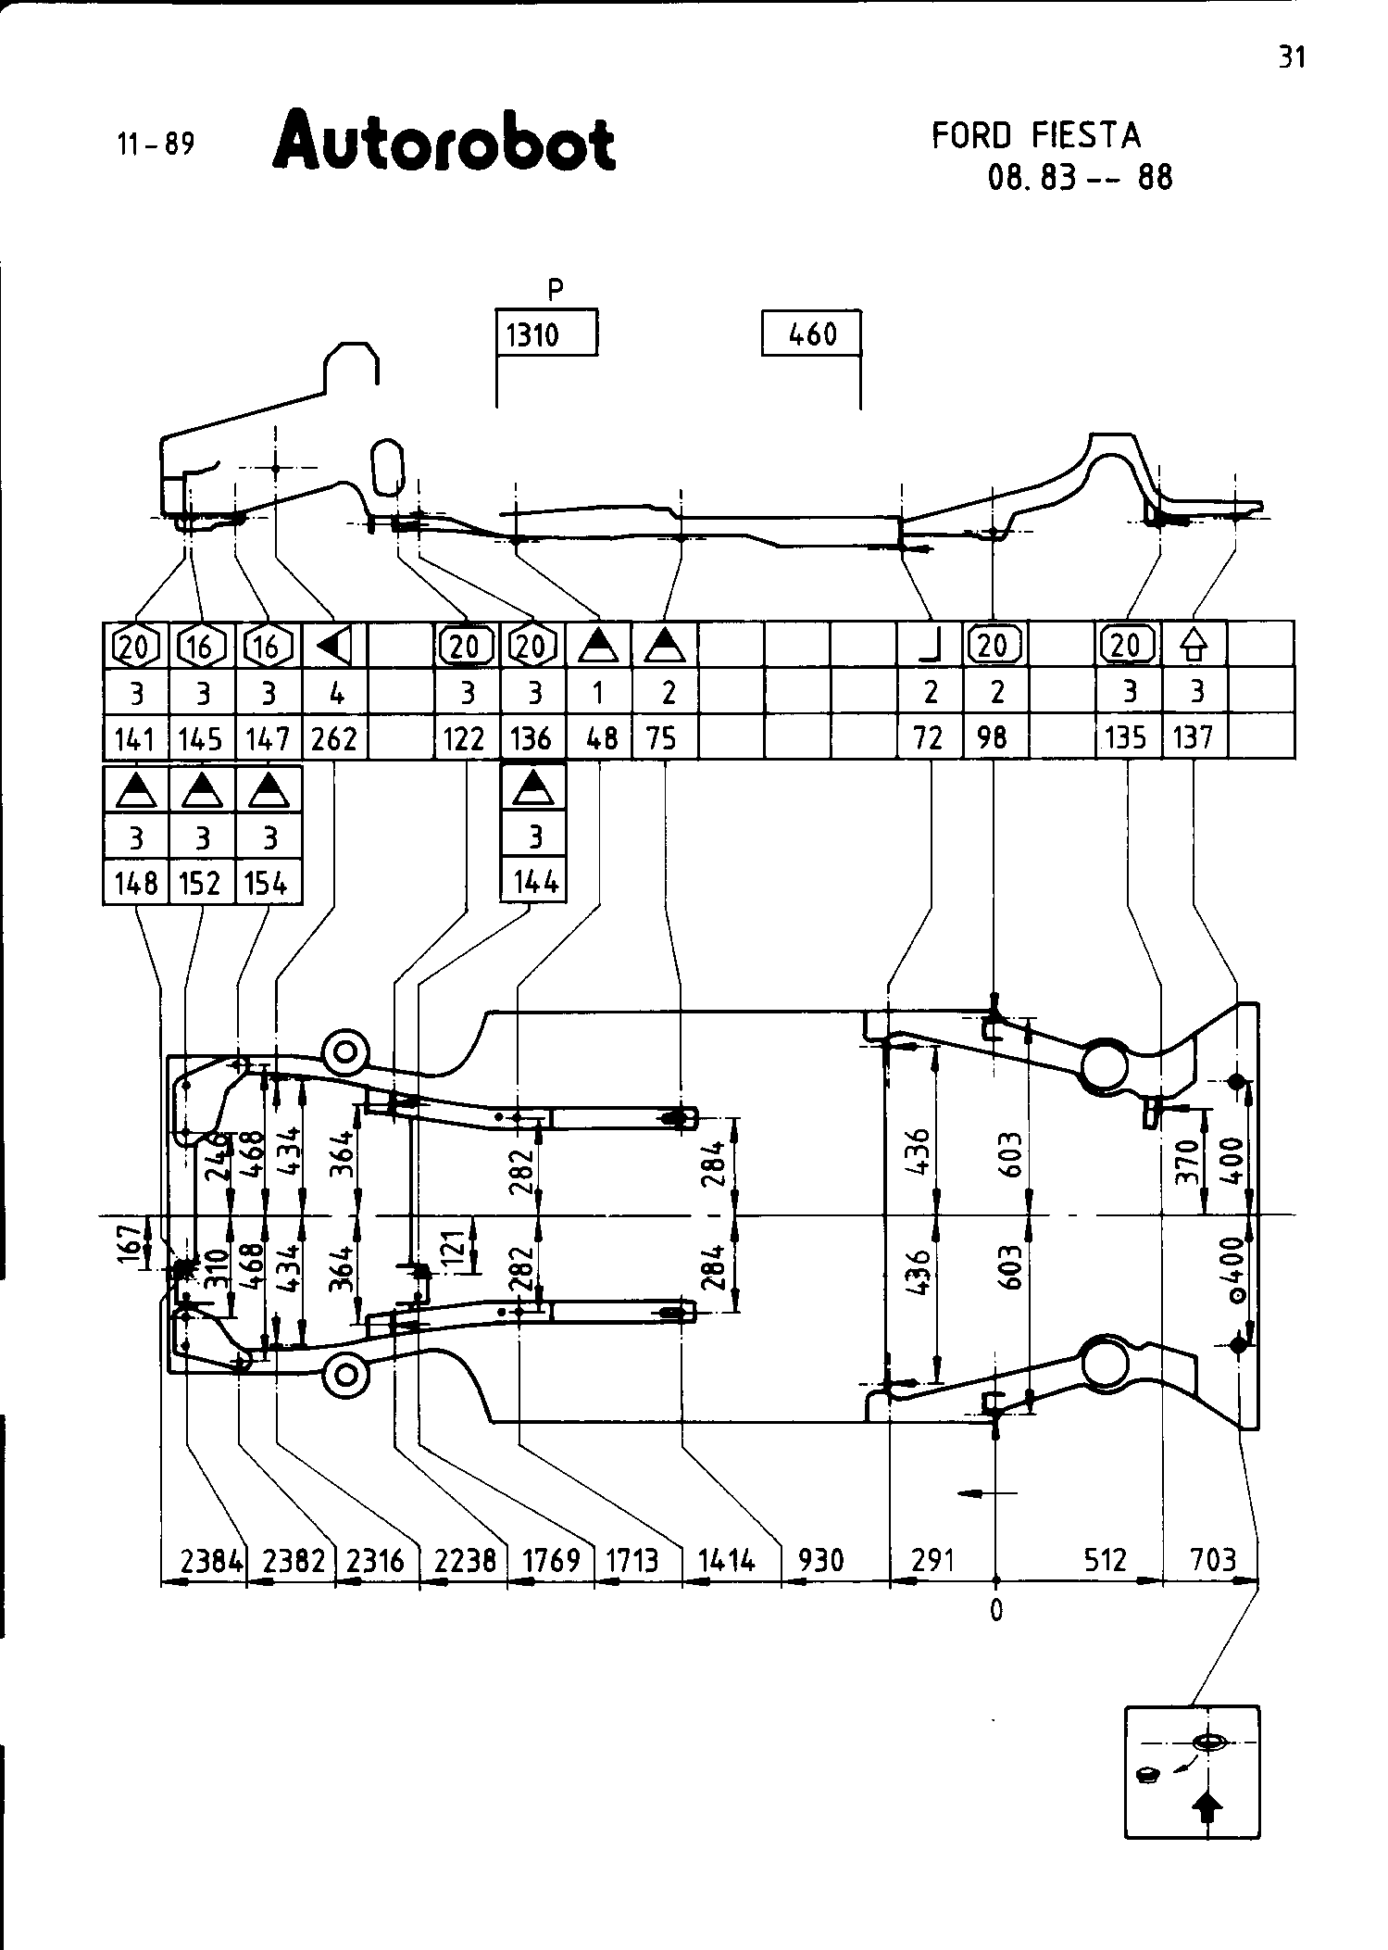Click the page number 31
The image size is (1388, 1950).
1292,57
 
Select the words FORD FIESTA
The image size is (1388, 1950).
1036,136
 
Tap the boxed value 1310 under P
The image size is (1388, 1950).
532,334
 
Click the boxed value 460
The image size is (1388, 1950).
812,333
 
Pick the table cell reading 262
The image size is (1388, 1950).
335,738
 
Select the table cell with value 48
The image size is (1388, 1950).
598,738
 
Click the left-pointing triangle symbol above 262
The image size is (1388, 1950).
333,646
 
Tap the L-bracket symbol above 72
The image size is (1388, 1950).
930,646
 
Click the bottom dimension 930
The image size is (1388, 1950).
820,1561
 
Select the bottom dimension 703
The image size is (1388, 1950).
1213,1561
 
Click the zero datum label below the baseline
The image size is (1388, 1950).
995,1612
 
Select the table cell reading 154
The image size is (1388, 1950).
267,884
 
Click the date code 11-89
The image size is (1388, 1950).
156,145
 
